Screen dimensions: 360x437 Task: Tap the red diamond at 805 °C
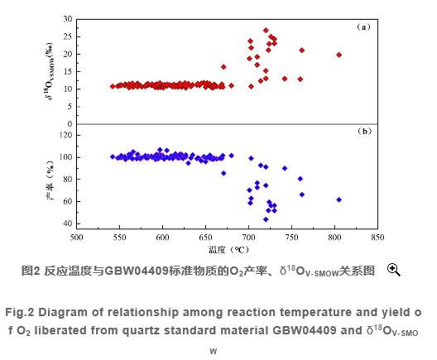point(339,55)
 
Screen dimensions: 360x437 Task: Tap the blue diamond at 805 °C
point(339,199)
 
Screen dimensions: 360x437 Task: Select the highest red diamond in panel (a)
point(266,31)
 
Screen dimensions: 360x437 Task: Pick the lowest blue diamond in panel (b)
point(266,219)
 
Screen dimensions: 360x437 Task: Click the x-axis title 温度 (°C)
point(228,248)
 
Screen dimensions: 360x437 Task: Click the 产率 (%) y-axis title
point(48,179)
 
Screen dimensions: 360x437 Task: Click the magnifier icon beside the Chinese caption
point(394,270)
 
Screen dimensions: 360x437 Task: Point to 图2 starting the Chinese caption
point(31,271)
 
